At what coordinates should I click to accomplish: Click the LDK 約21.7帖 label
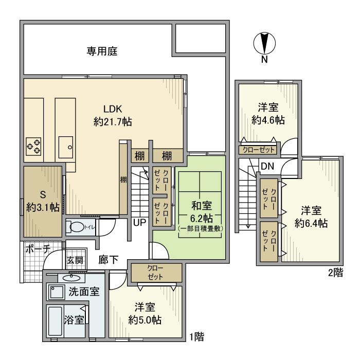112,115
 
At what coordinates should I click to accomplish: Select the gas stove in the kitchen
34,146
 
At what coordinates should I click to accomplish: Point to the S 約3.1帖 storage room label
42,202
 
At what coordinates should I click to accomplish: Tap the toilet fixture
78,226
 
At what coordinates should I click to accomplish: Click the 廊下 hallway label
109,260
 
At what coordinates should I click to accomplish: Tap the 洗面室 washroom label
84,291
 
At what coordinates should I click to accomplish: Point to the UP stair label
139,223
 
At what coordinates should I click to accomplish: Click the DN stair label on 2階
267,166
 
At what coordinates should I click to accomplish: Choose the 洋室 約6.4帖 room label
311,217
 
